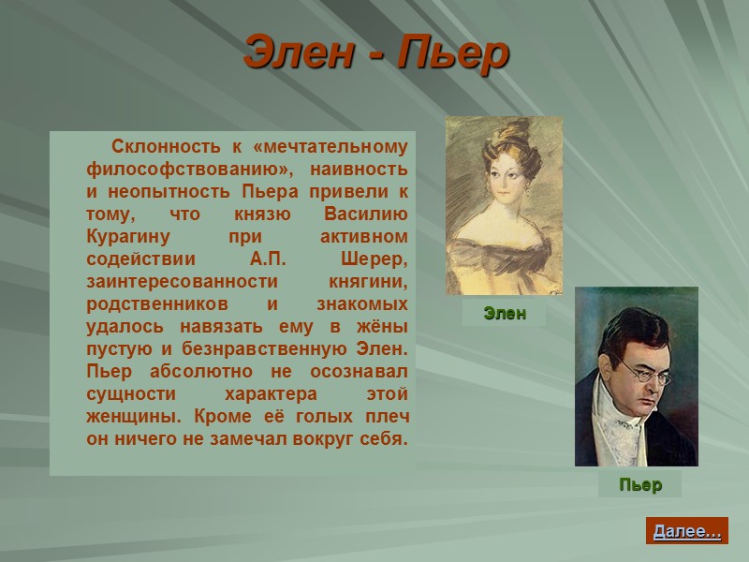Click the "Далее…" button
tap(687, 531)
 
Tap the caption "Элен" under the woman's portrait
tap(505, 314)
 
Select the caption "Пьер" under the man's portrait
tap(640, 485)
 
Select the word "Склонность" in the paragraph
tap(164, 147)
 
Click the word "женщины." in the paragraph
tap(125, 417)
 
